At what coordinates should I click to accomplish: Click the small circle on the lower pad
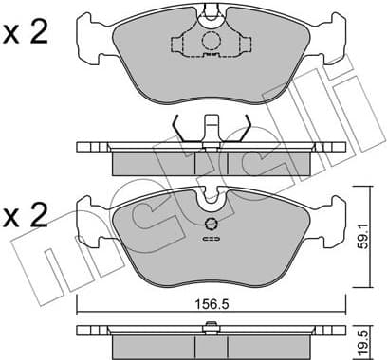pos(212,225)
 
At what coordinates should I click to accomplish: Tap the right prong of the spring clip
pos(244,128)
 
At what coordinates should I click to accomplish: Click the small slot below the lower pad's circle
pos(211,240)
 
